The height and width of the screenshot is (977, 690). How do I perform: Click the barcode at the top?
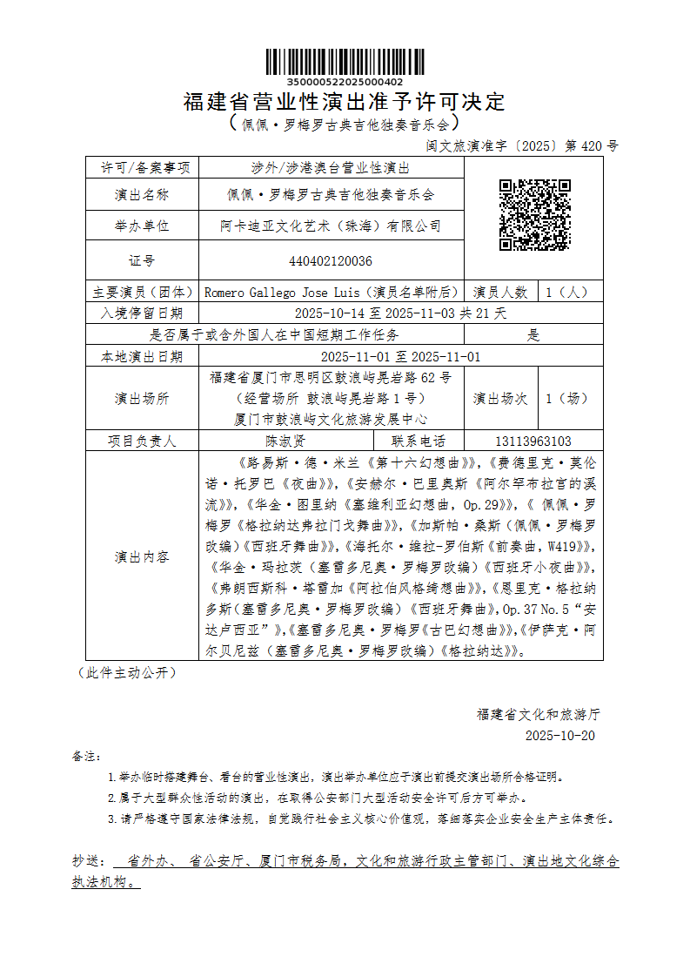pos(345,61)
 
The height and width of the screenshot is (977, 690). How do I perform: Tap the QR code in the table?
pos(534,214)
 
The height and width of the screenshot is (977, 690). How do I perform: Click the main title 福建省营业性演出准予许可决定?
pos(345,102)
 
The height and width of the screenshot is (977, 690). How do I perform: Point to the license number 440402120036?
pos(331,260)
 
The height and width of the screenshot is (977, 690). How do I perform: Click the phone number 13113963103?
pos(533,441)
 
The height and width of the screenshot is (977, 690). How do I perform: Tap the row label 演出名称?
pos(142,194)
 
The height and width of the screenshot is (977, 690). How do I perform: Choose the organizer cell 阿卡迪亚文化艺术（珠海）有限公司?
pos(331,226)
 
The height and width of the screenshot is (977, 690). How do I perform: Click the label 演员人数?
pos(500,292)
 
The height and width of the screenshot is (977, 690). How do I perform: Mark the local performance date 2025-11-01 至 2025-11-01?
pos(400,356)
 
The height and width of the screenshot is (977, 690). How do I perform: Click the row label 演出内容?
pos(142,556)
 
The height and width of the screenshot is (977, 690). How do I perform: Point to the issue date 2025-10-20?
pos(560,735)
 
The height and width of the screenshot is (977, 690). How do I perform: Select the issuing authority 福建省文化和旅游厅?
pos(538,714)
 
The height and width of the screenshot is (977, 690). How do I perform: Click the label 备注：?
pos(87,755)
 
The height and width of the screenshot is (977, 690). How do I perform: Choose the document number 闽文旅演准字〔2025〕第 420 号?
pos(522,145)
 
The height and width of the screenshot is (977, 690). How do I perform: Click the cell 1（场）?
pos(567,398)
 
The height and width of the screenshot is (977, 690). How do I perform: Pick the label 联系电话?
pos(418,441)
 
